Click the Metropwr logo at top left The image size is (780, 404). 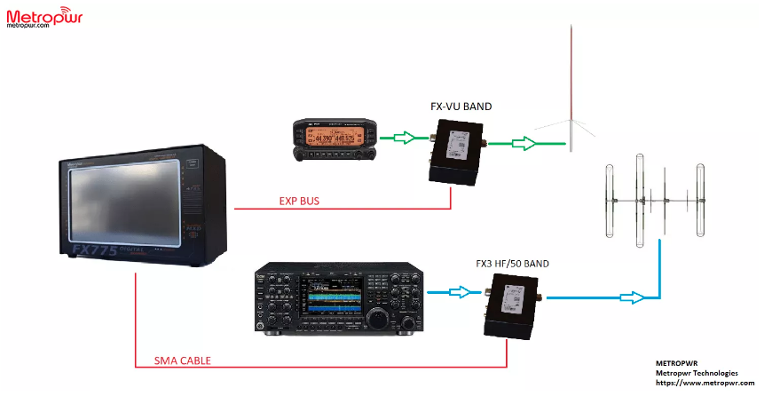(x=43, y=18)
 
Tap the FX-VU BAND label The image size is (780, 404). (x=461, y=107)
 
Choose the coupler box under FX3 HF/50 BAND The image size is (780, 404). (x=509, y=305)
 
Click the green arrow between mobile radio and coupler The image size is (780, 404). (x=404, y=138)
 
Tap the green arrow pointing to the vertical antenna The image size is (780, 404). (x=524, y=141)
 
